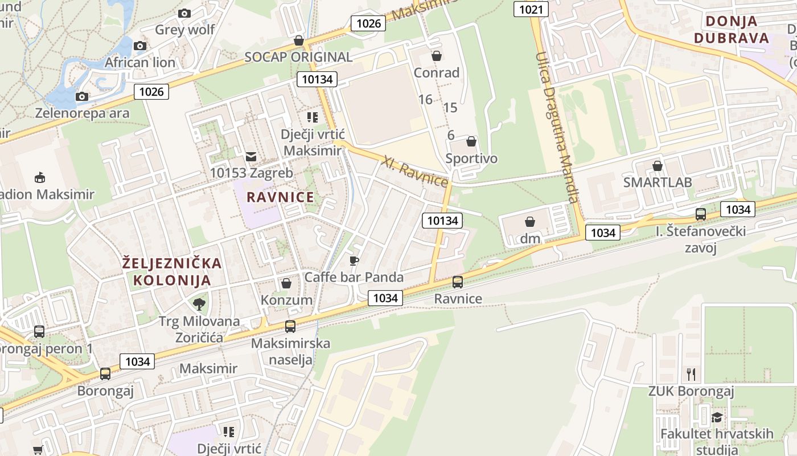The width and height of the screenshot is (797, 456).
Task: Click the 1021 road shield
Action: (531, 9)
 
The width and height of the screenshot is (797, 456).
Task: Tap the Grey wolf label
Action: (185, 29)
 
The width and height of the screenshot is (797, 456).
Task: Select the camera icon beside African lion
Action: (140, 46)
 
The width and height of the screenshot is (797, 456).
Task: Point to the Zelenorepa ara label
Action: (83, 113)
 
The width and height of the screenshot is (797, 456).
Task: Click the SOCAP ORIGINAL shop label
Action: (298, 57)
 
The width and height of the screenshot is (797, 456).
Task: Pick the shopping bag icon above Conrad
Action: (437, 56)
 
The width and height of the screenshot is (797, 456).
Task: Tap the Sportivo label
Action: (471, 158)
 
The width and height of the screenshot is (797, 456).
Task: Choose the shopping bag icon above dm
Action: (530, 222)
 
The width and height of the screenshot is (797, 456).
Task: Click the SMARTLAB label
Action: (658, 182)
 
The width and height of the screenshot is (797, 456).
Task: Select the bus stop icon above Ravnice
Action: (458, 282)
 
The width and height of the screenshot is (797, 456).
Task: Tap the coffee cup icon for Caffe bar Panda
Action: (354, 261)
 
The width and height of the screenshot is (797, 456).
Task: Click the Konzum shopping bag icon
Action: (286, 283)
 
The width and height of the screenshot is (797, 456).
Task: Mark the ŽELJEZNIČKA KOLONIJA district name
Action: (172, 271)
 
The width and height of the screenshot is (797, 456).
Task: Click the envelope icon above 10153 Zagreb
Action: (250, 156)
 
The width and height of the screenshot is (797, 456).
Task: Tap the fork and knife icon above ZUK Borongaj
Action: (691, 374)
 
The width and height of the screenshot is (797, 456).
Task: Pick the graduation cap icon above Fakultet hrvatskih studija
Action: (717, 418)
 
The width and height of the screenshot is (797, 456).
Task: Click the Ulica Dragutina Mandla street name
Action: (557, 128)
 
